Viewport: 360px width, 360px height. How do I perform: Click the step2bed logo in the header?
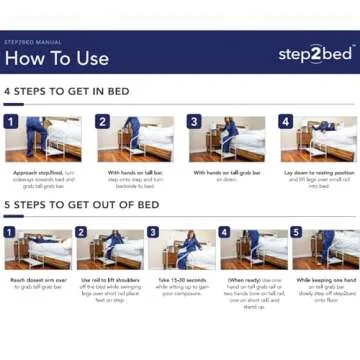[x=313, y=54]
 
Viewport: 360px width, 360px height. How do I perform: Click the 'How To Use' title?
[x=56, y=58]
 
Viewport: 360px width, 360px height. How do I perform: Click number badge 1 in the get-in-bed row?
[x=11, y=122]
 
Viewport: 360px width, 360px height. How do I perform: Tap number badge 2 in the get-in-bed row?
[x=102, y=122]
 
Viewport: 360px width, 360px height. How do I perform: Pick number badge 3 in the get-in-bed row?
[x=193, y=122]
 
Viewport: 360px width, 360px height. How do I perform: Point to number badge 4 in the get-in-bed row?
[x=285, y=122]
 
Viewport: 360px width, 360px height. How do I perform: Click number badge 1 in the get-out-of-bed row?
[x=10, y=233]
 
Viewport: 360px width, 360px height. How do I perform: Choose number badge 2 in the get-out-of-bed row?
[x=82, y=233]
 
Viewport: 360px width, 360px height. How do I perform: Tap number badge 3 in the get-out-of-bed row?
[x=154, y=233]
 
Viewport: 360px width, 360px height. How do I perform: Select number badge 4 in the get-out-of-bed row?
[x=226, y=233]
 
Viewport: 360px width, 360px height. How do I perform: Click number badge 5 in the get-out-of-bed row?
[x=297, y=233]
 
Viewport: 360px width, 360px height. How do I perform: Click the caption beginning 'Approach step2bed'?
[x=44, y=179]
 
